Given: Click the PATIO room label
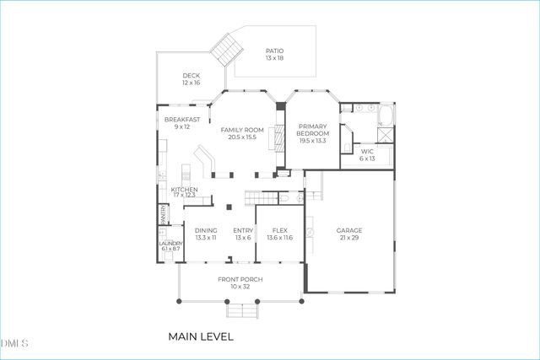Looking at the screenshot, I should pyautogui.click(x=274, y=51).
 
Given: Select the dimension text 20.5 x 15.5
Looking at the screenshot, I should pyautogui.click(x=242, y=137).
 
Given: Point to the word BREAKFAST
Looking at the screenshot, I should pyautogui.click(x=181, y=120).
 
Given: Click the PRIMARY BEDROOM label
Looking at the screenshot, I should pyautogui.click(x=311, y=130).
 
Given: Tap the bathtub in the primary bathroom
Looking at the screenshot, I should pyautogui.click(x=385, y=116).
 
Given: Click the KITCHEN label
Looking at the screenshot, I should pyautogui.click(x=184, y=190).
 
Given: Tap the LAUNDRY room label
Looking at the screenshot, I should pyautogui.click(x=170, y=244).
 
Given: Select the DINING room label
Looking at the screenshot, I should pyautogui.click(x=206, y=230).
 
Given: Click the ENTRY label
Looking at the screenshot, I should pyautogui.click(x=243, y=230).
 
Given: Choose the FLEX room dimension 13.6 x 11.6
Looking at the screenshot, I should pyautogui.click(x=278, y=238).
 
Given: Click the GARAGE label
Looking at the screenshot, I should pyautogui.click(x=348, y=230).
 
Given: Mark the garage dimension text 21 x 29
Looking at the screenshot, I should pyautogui.click(x=348, y=238).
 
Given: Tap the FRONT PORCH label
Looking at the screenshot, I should pyautogui.click(x=240, y=279).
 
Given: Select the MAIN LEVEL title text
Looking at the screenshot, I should pyautogui.click(x=200, y=336).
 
